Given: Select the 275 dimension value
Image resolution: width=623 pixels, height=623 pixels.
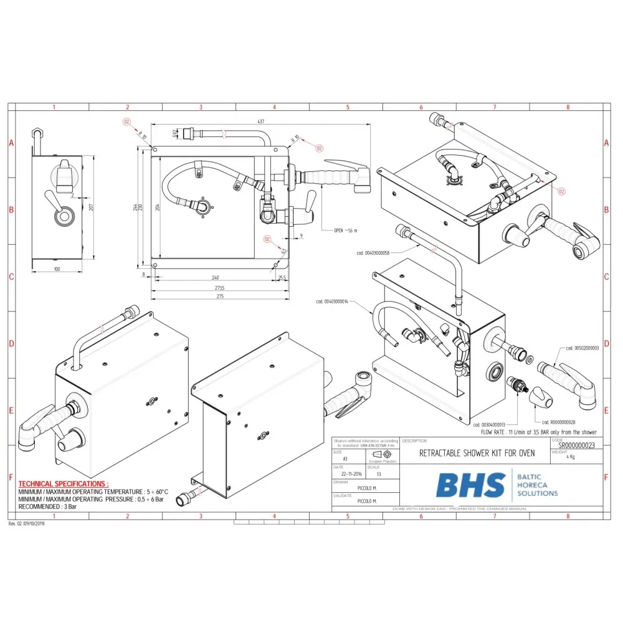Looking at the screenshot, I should coord(219,296).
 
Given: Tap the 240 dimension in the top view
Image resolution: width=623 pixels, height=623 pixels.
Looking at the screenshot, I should coord(215,277).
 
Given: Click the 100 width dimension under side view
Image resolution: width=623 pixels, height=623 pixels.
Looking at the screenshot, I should coord(57,269).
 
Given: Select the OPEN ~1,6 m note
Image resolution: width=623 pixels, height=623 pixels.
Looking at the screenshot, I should coord(347,231).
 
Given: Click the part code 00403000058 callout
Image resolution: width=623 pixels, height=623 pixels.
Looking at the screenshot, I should coord(374,252).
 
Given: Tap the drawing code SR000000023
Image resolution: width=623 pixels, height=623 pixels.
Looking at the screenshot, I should coord(577,446).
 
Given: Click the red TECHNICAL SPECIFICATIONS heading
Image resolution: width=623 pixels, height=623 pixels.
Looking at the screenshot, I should coord(63,483).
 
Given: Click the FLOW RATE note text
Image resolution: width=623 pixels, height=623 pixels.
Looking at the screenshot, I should coord(538,432).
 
